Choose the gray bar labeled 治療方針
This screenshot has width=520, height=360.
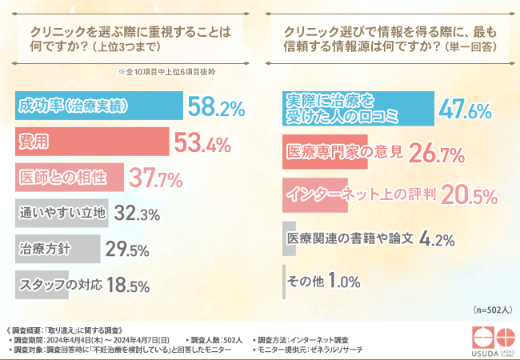tap(57, 249)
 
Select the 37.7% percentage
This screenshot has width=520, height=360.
tap(157, 177)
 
